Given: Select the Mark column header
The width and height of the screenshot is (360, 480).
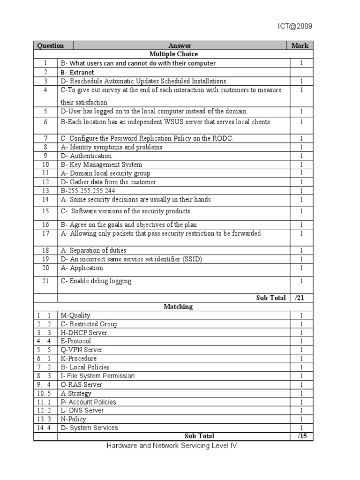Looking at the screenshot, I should point(300,45).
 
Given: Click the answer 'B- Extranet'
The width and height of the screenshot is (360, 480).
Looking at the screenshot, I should point(77,72).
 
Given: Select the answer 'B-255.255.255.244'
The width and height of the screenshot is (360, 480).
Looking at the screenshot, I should point(88,191).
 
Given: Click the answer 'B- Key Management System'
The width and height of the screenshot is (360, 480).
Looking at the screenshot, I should point(101,165).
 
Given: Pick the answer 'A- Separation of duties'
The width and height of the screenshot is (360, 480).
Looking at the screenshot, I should point(93,250).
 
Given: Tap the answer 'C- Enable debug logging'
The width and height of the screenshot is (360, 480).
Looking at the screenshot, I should point(96,281).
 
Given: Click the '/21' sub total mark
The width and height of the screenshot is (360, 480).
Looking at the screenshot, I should point(301,298).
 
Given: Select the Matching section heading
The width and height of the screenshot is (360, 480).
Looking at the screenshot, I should point(178,307).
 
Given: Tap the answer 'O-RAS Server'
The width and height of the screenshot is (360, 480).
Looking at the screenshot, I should point(81,384).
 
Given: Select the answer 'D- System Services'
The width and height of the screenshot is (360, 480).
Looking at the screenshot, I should point(89,427).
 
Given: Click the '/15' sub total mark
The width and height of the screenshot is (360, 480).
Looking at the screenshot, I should point(301,436).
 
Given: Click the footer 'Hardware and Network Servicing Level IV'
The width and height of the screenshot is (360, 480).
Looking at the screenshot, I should point(172,446).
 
